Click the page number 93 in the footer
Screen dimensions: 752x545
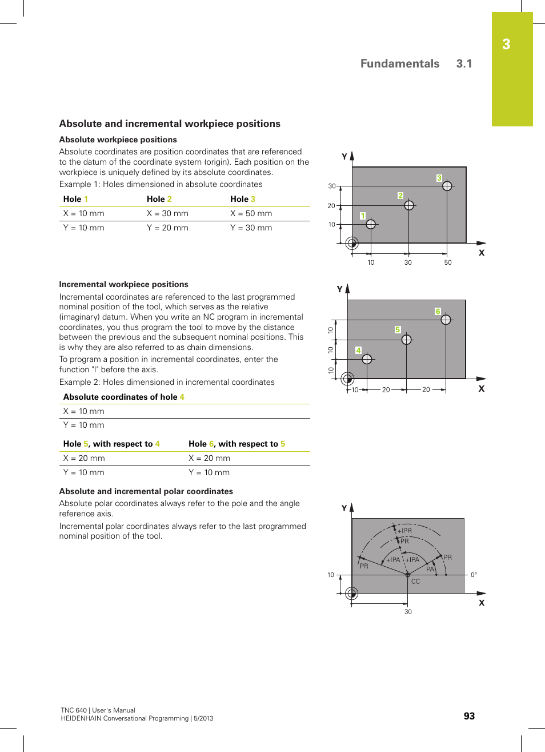coord(469,716)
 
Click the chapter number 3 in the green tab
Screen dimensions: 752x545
coord(506,45)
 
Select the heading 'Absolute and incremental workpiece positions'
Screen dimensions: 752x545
coord(170,124)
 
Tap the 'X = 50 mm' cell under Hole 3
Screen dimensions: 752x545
coord(251,213)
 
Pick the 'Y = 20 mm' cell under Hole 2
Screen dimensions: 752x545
coord(167,228)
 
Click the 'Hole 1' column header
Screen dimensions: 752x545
coord(75,199)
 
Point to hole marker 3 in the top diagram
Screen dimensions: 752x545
coord(447,186)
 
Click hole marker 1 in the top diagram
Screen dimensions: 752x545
coord(371,224)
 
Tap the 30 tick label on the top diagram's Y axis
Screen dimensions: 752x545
coord(331,186)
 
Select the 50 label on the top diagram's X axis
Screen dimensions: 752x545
coord(448,262)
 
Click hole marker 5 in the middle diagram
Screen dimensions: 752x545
coord(407,340)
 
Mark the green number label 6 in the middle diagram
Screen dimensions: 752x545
coord(438,312)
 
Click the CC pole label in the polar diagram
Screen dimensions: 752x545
coord(415,582)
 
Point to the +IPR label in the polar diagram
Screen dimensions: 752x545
coord(404,531)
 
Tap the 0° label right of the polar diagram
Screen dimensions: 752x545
coord(474,575)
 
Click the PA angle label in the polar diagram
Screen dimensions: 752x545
coord(430,569)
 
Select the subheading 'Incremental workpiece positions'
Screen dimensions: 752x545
coord(123,284)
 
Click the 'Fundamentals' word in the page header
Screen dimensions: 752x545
coord(400,63)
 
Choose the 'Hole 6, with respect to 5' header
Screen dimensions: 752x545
coord(237,444)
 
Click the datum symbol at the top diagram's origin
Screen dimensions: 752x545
coord(352,243)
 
